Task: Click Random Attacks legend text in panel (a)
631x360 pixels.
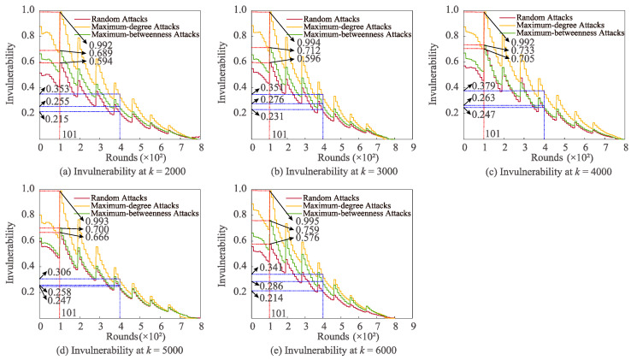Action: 123,18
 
